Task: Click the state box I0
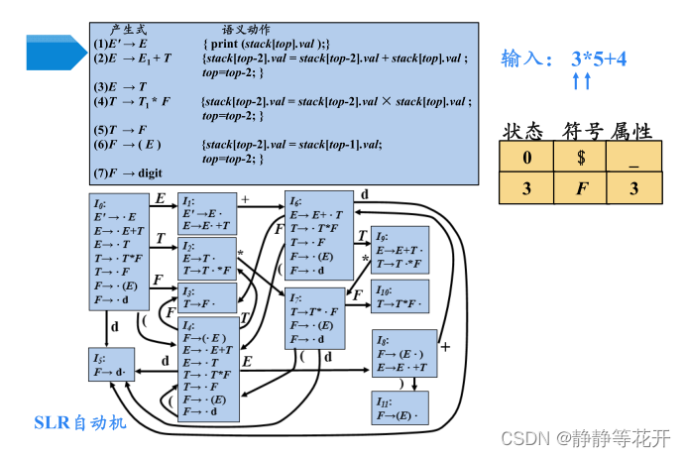click(x=119, y=252)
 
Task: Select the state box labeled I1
click(x=206, y=211)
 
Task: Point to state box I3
click(x=206, y=296)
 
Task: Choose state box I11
click(x=403, y=407)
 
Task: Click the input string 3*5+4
click(x=599, y=59)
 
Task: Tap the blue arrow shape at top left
click(x=55, y=52)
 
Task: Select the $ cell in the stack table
click(x=580, y=157)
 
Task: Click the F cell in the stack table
click(x=580, y=188)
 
